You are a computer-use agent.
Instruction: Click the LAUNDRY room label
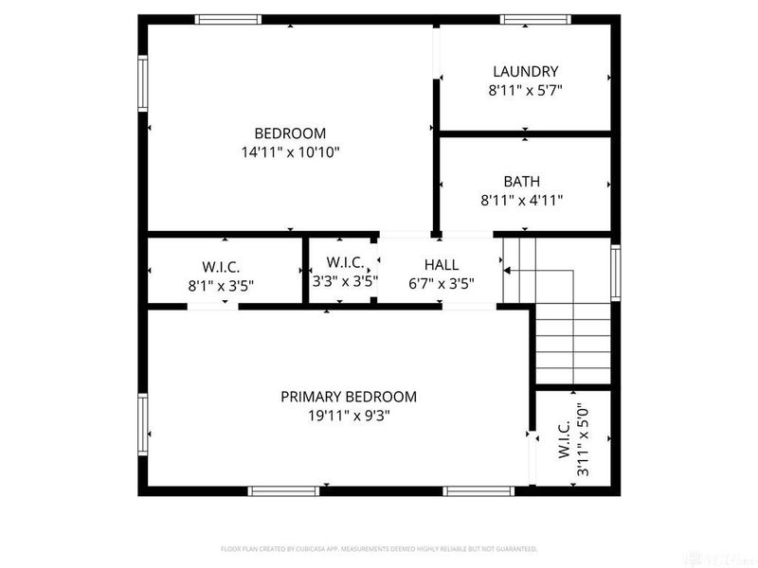(x=525, y=71)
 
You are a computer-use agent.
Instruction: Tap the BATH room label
(x=522, y=181)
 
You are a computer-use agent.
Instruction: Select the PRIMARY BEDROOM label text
(x=348, y=397)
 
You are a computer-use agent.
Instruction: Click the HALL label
(x=441, y=265)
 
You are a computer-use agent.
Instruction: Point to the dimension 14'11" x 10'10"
(x=290, y=151)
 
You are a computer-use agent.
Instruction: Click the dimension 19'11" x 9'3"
(x=348, y=415)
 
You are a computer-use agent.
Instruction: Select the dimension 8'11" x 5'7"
(x=525, y=90)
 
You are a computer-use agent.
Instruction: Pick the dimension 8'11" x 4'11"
(x=522, y=200)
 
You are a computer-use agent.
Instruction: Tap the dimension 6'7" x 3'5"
(x=441, y=282)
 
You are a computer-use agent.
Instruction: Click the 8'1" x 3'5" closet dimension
(x=221, y=283)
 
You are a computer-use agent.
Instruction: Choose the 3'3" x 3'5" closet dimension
(x=345, y=281)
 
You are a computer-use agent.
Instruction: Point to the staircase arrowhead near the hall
(x=507, y=271)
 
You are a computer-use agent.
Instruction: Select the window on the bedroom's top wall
(x=227, y=18)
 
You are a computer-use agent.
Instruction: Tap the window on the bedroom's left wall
(x=143, y=83)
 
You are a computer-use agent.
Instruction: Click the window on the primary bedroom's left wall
(x=143, y=425)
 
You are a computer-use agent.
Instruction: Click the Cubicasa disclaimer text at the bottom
(x=379, y=548)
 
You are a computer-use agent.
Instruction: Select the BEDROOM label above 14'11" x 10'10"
(x=290, y=133)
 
